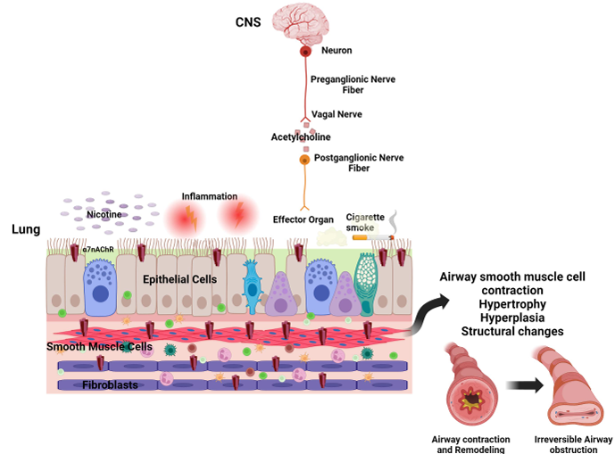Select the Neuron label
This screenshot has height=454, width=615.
pyautogui.click(x=337, y=51)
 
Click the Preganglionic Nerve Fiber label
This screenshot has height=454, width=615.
pyautogui.click(x=352, y=86)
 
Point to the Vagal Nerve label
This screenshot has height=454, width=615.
pyautogui.click(x=336, y=115)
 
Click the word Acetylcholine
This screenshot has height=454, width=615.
pyautogui.click(x=301, y=137)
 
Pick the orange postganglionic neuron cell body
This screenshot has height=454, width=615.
pyautogui.click(x=304, y=159)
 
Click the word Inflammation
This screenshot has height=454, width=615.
pyautogui.click(x=209, y=196)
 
